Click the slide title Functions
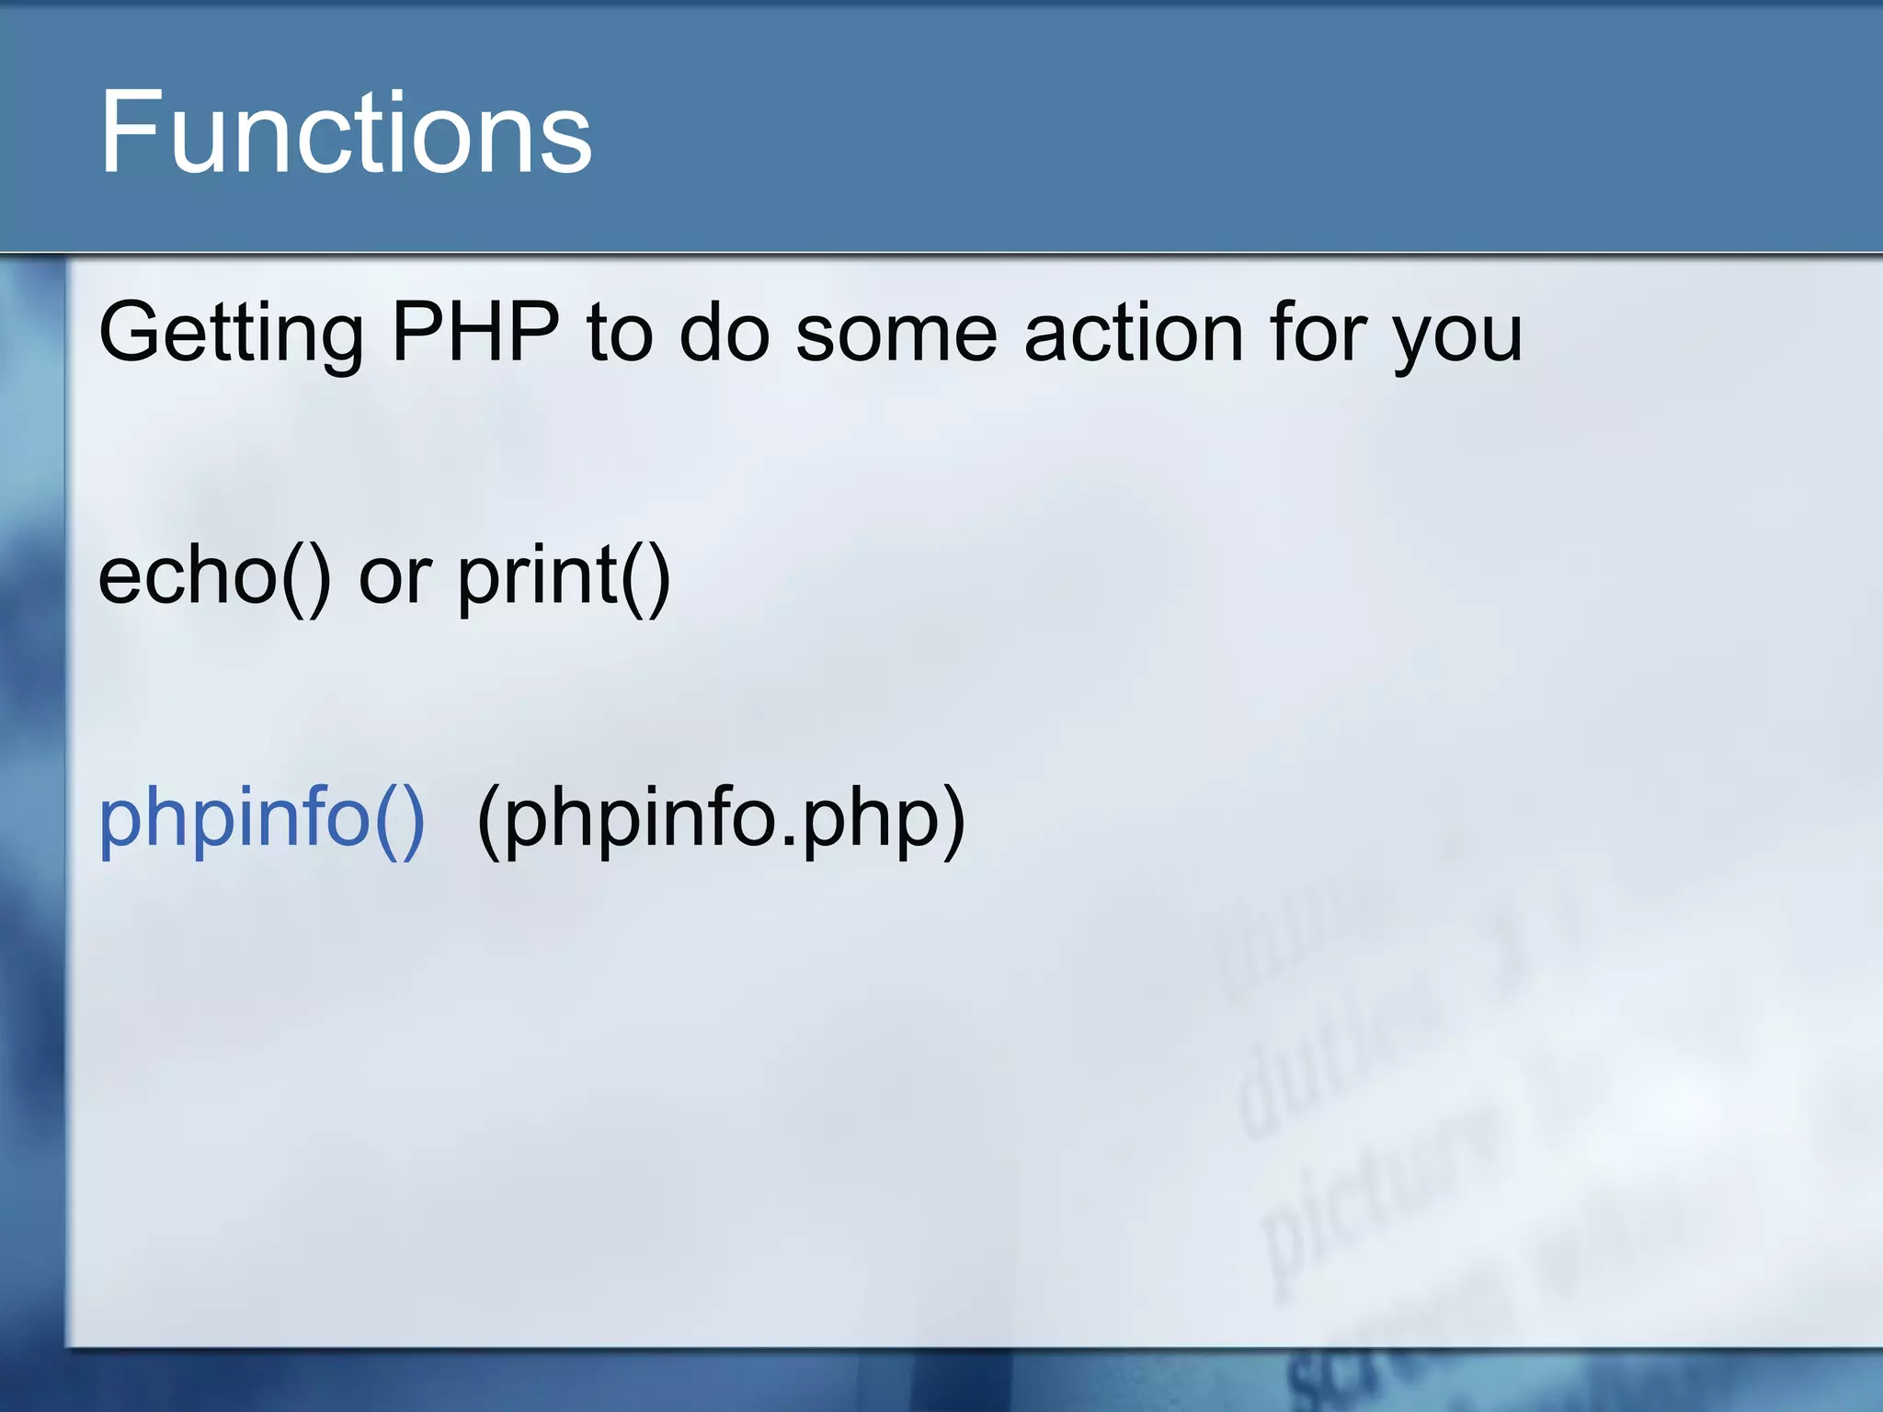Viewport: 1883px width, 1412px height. (x=345, y=133)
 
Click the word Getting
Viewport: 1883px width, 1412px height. (x=231, y=335)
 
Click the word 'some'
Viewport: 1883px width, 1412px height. (x=896, y=335)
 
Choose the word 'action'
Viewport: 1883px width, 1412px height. (x=1134, y=333)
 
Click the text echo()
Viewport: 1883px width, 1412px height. (x=214, y=577)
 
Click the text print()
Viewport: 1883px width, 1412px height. (x=564, y=577)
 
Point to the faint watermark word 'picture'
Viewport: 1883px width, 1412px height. (x=1379, y=1195)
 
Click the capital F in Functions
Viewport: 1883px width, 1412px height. (x=129, y=133)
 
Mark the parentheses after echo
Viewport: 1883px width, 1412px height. (x=306, y=579)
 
